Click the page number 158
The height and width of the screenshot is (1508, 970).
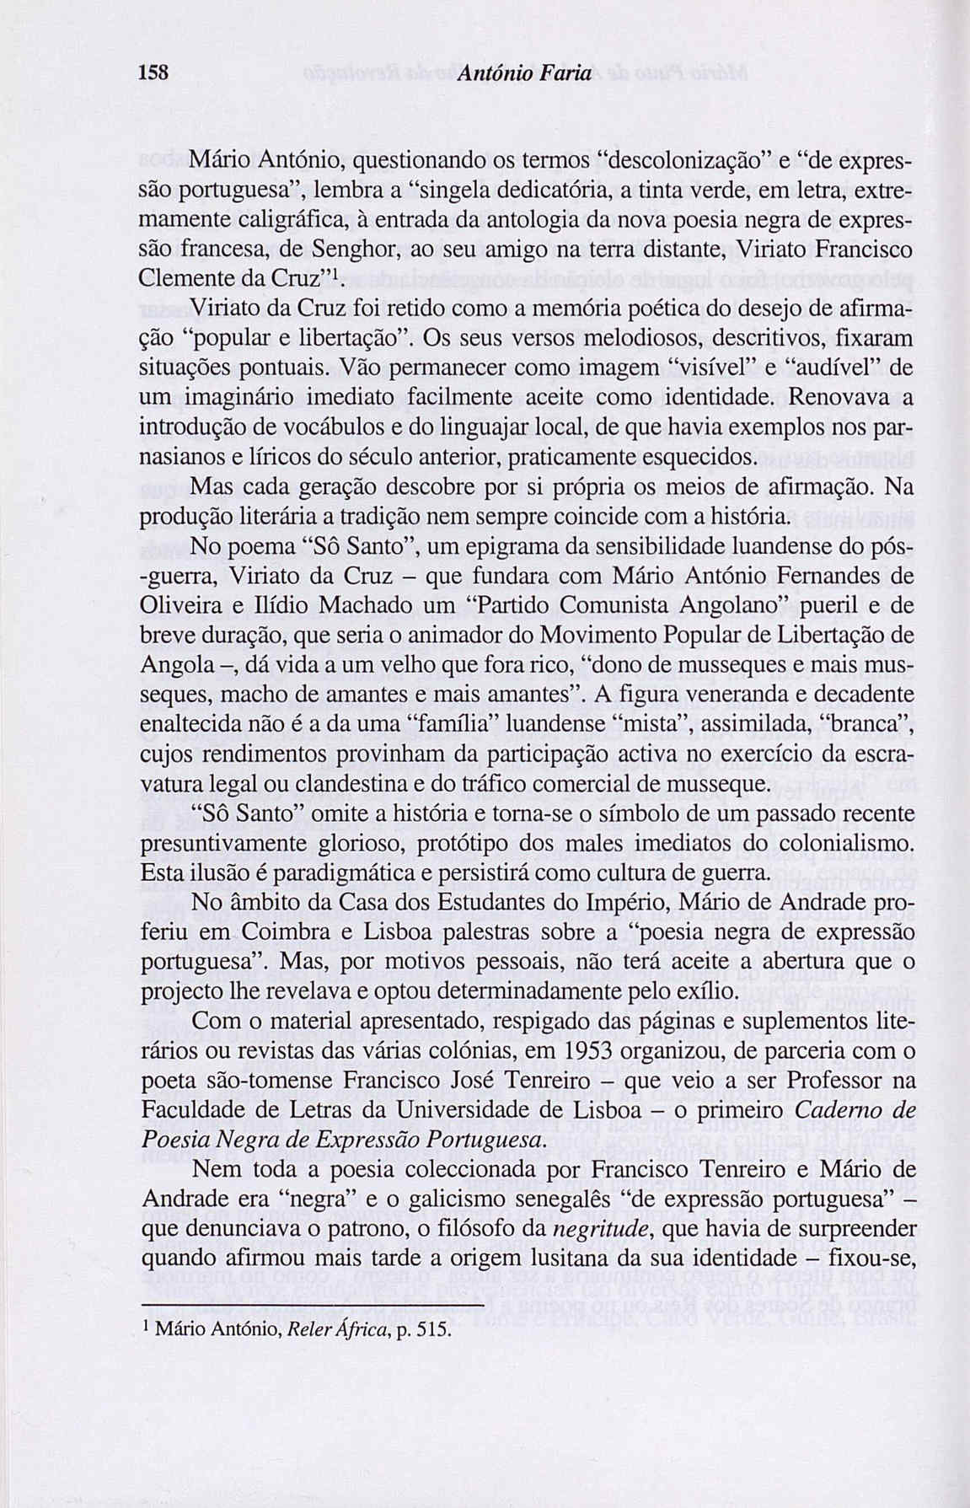156,73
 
